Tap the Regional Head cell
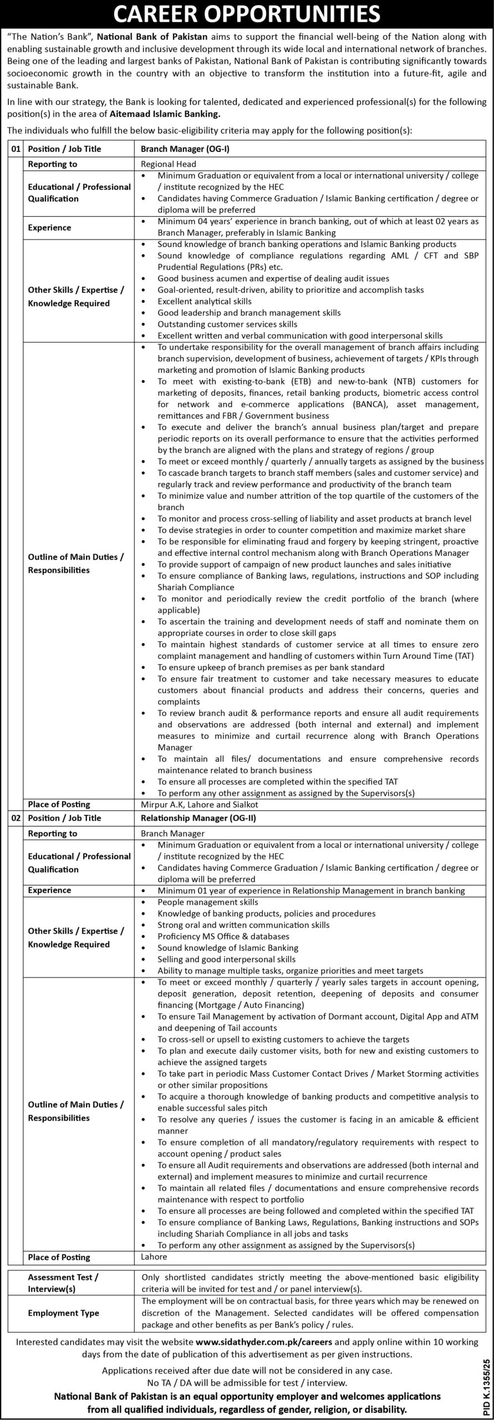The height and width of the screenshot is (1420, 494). click(169, 164)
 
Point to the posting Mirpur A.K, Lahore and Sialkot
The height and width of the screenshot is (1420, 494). click(200, 804)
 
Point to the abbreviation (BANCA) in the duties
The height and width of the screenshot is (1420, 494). click(370, 404)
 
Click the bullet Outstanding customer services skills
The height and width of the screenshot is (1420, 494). click(227, 324)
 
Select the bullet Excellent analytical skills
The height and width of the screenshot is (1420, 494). click(204, 301)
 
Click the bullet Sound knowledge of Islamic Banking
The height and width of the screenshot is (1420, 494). click(228, 947)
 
